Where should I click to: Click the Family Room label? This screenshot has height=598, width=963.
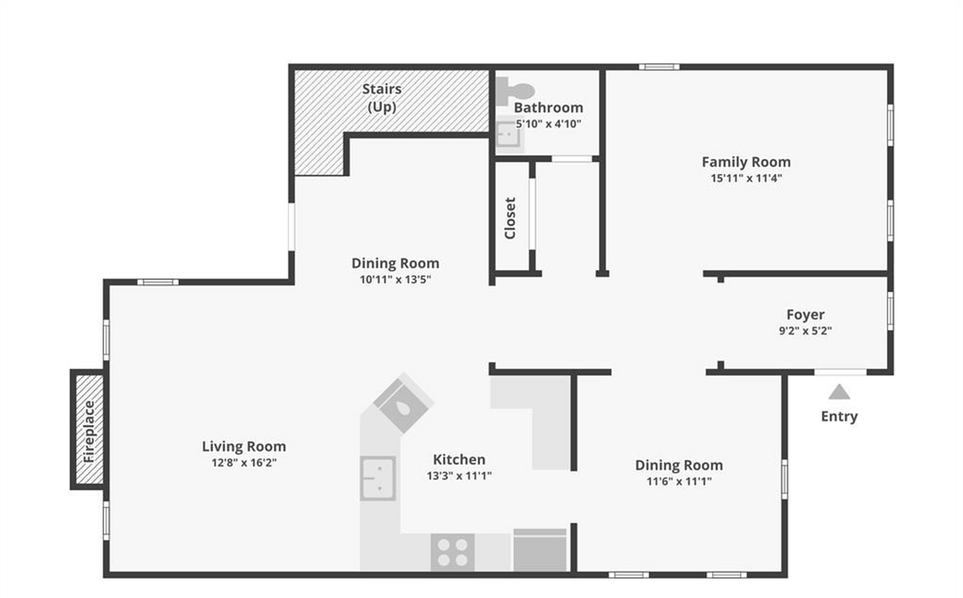[746, 162]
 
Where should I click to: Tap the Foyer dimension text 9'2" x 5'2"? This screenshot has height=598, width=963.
[805, 330]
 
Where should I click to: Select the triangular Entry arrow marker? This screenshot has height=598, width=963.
[839, 392]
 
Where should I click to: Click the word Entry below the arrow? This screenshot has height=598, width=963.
[839, 416]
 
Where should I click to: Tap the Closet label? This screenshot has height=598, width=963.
[510, 218]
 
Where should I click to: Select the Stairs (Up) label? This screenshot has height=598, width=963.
[381, 98]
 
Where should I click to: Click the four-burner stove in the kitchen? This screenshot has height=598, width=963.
[453, 551]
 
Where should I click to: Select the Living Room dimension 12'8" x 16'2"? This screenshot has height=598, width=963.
[244, 463]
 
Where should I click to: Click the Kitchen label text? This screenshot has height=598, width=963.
[459, 459]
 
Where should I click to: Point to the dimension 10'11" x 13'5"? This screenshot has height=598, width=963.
[395, 280]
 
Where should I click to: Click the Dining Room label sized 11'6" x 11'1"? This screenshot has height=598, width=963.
[679, 465]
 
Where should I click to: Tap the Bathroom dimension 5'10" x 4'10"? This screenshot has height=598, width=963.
[548, 123]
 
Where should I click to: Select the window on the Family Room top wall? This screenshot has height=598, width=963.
[659, 67]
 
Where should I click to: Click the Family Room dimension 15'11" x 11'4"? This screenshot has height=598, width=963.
[746, 178]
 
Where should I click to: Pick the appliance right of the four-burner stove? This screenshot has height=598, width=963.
[539, 550]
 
